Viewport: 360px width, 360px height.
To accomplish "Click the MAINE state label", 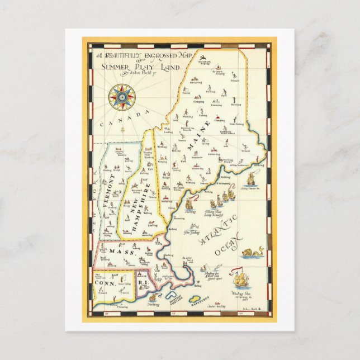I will (x=192, y=138).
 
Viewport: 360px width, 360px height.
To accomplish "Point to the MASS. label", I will (x=117, y=252).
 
